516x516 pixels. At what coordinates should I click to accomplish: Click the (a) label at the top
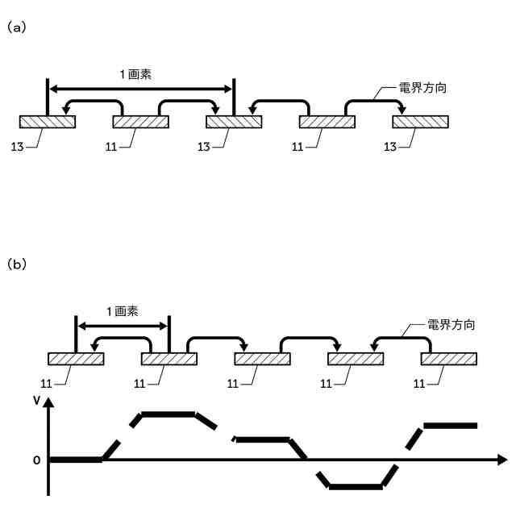(x=17, y=27)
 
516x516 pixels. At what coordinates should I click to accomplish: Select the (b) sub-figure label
(x=17, y=264)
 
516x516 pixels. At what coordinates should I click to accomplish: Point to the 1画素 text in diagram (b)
(x=123, y=312)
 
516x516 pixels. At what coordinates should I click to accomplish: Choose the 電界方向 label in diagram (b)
(x=449, y=327)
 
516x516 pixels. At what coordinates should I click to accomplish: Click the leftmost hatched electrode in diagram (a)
(x=48, y=122)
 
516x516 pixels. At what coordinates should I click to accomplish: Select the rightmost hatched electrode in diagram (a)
(x=421, y=122)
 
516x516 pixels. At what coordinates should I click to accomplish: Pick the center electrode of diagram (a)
(x=234, y=122)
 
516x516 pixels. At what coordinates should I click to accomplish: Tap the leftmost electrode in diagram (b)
(x=76, y=359)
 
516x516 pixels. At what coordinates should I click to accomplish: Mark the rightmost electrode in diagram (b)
(x=449, y=359)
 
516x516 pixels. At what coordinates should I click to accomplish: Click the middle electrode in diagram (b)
(x=262, y=359)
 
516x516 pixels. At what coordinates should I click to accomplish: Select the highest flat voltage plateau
(x=169, y=414)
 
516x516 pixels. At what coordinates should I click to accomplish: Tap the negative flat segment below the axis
(x=356, y=486)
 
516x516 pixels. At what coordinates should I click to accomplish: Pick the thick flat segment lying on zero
(x=76, y=460)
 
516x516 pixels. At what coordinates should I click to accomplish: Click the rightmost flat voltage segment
(x=451, y=425)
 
